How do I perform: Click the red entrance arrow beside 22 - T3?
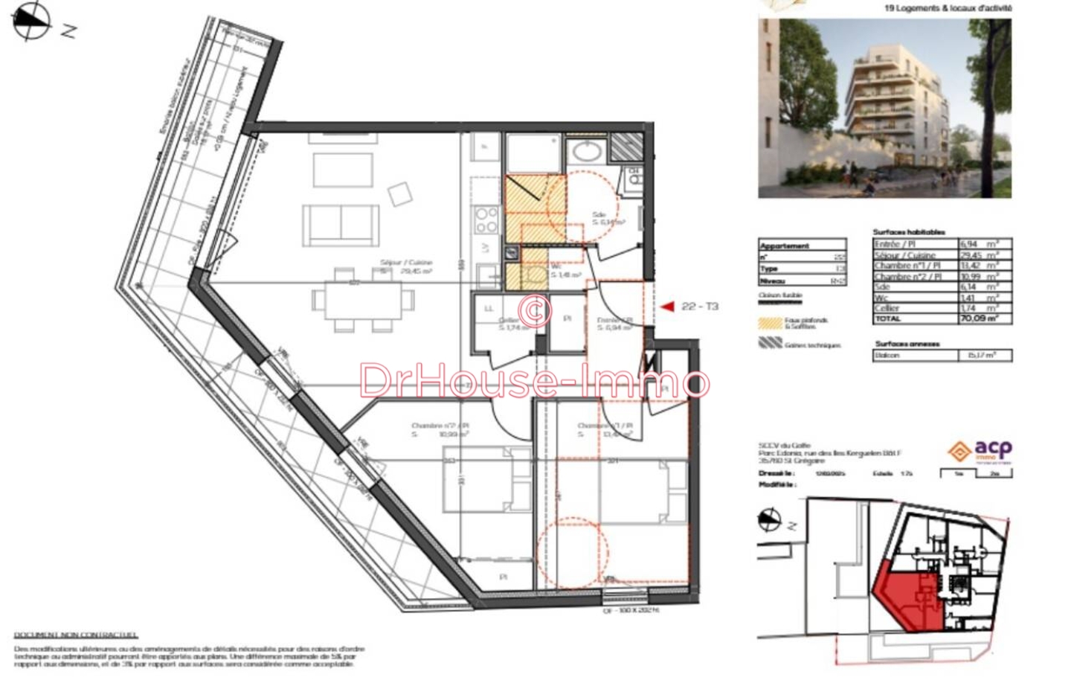(667, 307)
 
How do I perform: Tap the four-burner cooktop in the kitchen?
(486, 220)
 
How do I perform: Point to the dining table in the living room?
(363, 300)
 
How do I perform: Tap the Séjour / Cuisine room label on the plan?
(405, 263)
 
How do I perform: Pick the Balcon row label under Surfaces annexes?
(887, 356)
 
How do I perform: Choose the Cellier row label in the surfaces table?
(887, 308)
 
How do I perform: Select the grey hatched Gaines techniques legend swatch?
(770, 344)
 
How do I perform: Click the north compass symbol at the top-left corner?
(32, 20)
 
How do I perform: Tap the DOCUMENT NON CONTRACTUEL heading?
(76, 635)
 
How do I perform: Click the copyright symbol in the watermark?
(535, 309)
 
